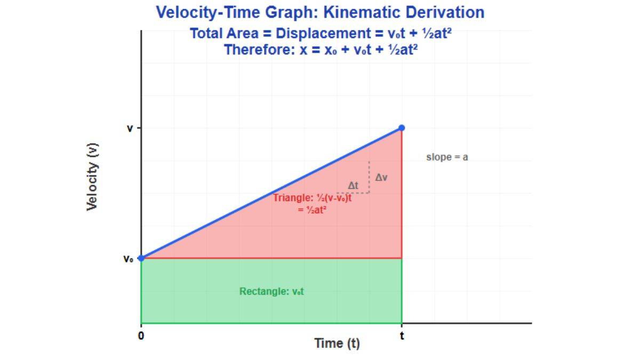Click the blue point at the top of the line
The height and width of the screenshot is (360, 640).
402,128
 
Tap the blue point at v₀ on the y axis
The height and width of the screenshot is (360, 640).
141,258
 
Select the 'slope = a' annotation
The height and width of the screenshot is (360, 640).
447,157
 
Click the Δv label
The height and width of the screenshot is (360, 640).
381,178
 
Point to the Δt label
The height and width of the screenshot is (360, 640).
353,186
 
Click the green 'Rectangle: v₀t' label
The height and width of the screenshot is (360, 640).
271,292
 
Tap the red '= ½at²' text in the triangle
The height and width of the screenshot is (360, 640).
313,210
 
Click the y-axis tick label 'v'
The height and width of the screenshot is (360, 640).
130,129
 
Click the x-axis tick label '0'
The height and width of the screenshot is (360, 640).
141,336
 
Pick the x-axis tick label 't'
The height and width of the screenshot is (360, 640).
402,336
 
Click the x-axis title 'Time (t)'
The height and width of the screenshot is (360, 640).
337,343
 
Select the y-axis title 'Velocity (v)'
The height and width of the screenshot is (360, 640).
92,176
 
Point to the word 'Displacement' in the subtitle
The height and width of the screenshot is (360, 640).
322,34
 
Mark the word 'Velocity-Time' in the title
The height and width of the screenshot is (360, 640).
207,13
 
